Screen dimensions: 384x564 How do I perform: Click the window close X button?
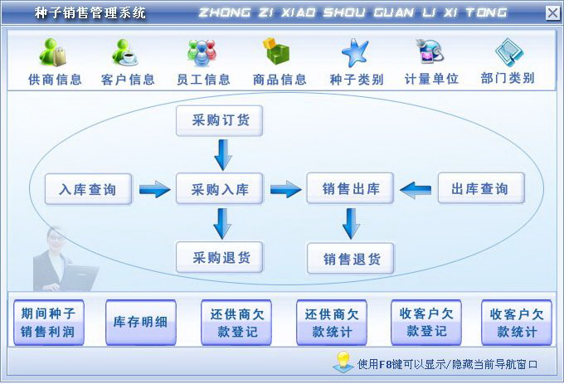point(552,12)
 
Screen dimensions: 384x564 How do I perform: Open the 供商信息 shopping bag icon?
point(54,54)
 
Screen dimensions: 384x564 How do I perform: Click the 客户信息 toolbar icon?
point(127,54)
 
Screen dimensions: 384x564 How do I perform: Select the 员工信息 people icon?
point(202,54)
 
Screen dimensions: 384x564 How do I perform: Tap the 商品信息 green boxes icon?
point(278,53)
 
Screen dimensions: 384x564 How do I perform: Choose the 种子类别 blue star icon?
point(355,53)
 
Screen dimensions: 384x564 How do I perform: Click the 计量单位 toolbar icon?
point(430,53)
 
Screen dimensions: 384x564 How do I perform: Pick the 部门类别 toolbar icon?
point(508,53)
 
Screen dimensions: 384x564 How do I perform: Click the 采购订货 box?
point(220,121)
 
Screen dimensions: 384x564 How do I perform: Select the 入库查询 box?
point(80,190)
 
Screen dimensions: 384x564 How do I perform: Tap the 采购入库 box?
point(220,189)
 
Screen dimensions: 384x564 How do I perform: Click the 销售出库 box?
point(351,189)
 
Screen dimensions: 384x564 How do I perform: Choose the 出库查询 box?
point(480,189)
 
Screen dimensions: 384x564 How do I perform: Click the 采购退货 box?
point(220,256)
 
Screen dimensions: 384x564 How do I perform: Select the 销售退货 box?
point(351,259)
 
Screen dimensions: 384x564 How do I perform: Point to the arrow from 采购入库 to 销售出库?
point(285,190)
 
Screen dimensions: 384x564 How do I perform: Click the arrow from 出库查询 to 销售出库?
point(415,190)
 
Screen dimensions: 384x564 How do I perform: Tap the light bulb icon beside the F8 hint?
point(343,362)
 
